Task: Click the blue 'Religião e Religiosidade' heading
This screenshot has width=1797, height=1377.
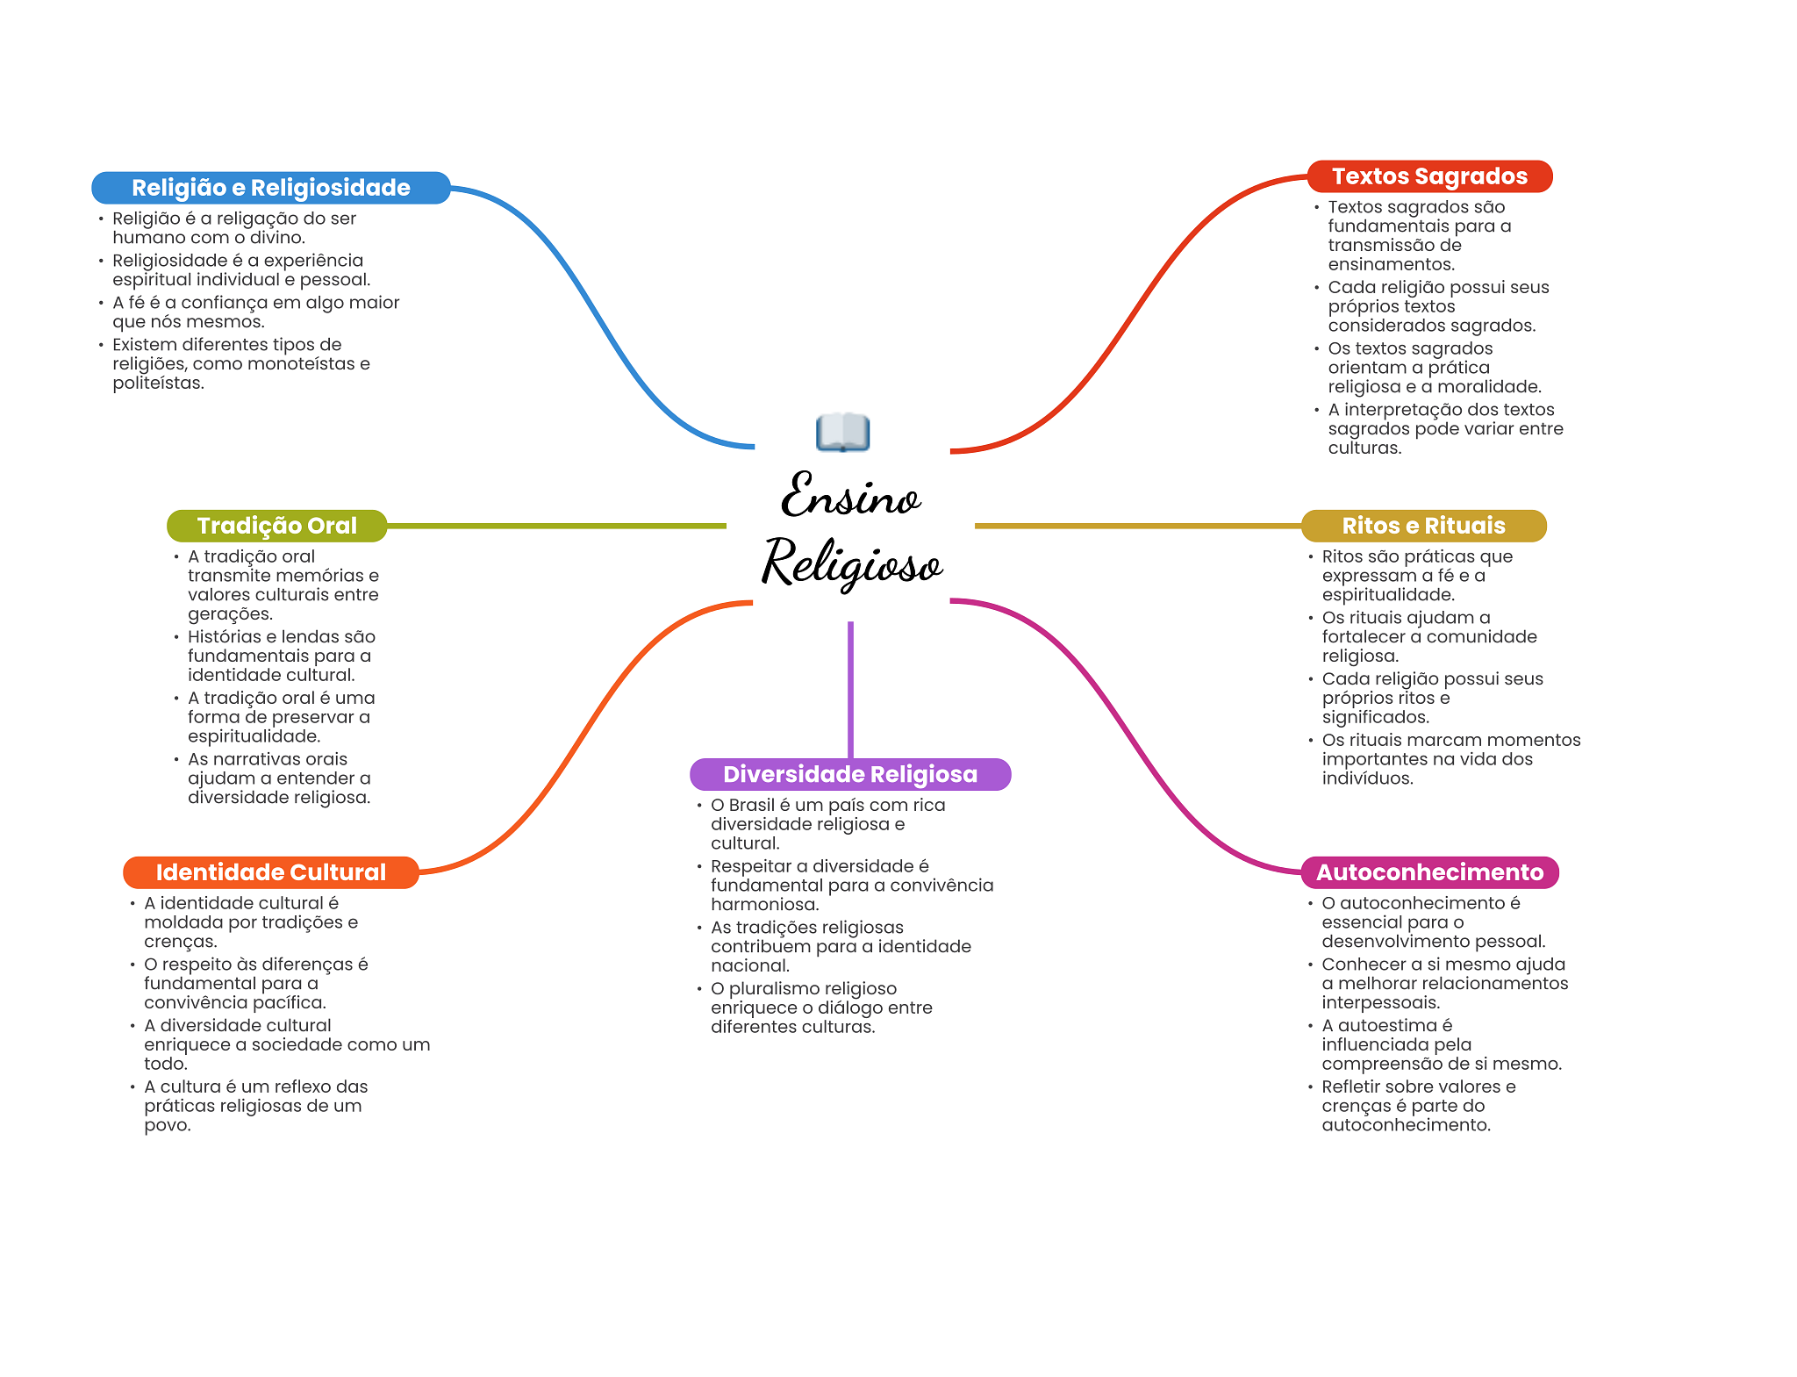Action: click(x=270, y=188)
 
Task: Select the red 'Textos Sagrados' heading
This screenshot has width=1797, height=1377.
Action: click(x=1429, y=176)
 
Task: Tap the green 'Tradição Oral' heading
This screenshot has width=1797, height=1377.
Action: click(x=276, y=526)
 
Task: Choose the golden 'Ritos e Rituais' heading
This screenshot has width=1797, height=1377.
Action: click(x=1423, y=526)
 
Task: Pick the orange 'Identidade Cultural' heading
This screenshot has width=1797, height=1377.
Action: click(x=270, y=872)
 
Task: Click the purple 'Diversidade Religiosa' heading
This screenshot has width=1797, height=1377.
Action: click(x=850, y=774)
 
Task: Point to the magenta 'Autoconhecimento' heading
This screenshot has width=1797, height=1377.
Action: click(x=1429, y=872)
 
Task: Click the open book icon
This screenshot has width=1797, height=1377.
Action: click(x=842, y=432)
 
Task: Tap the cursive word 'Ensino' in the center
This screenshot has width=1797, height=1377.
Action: click(x=850, y=495)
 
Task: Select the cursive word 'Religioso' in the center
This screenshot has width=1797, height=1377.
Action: click(x=852, y=563)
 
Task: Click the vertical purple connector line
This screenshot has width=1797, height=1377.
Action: click(x=850, y=690)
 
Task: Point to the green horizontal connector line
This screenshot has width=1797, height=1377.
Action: click(x=556, y=526)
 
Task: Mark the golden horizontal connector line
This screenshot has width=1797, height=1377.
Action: click(x=1138, y=526)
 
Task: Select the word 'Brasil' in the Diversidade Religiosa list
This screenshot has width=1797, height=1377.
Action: click(x=751, y=805)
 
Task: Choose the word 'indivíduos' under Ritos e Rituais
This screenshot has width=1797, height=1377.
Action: click(x=1366, y=778)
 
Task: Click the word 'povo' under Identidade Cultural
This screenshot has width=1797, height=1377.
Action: click(x=165, y=1126)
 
